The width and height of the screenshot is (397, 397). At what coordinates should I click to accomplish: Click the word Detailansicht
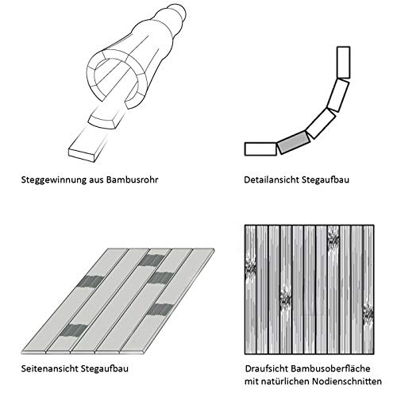click(x=270, y=180)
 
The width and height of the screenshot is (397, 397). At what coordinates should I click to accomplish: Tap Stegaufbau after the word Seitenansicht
click(x=109, y=368)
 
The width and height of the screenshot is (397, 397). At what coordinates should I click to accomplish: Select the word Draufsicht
click(x=266, y=368)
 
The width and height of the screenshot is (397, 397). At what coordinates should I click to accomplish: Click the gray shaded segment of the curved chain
click(x=290, y=141)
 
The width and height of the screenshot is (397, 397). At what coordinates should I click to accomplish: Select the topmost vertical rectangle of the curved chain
click(x=343, y=60)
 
